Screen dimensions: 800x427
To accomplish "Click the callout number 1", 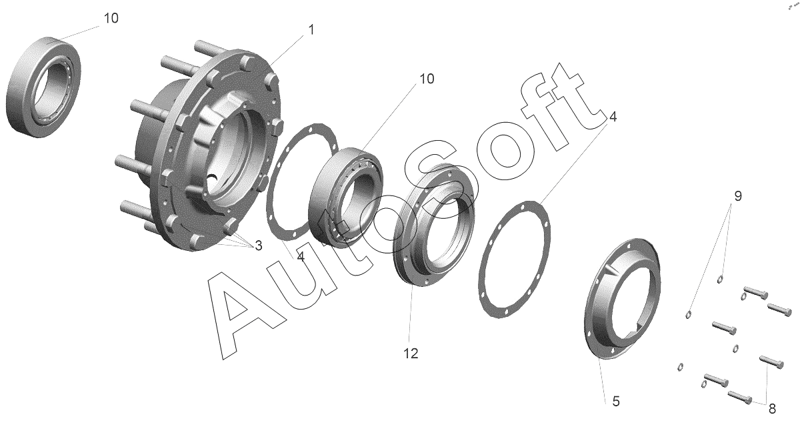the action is pyautogui.click(x=311, y=29).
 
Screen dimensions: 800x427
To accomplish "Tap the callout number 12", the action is pyautogui.click(x=411, y=354).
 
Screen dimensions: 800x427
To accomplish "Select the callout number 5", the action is pyautogui.click(x=616, y=401).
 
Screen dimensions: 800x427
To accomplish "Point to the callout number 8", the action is pyautogui.click(x=772, y=409).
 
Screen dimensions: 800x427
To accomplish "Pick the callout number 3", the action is pyautogui.click(x=258, y=246).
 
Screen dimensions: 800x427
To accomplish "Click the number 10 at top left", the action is pyautogui.click(x=111, y=18).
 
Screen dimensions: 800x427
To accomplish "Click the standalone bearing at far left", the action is pyautogui.click(x=43, y=87).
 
